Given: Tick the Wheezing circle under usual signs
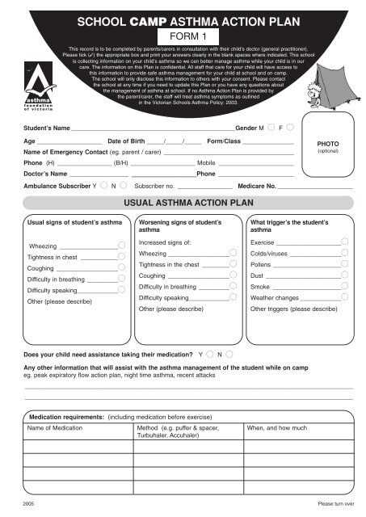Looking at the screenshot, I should [120, 245].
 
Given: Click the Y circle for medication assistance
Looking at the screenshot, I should [209, 354].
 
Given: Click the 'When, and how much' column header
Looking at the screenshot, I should [276, 427].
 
